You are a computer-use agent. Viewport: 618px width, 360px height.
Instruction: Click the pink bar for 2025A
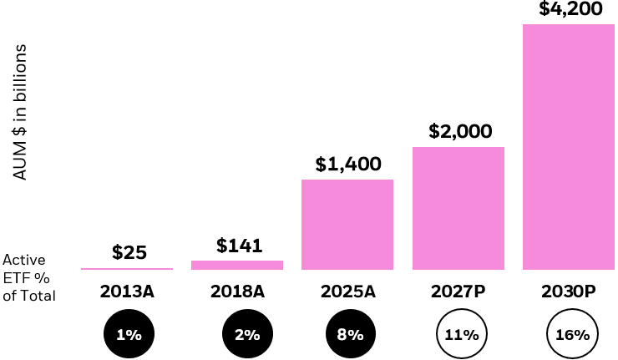(x=347, y=225)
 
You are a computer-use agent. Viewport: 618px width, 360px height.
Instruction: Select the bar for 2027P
(x=458, y=209)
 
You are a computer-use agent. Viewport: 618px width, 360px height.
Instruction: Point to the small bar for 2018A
(x=237, y=265)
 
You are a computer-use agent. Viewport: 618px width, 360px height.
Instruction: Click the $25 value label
(x=129, y=252)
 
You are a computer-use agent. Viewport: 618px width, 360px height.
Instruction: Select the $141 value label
(x=240, y=246)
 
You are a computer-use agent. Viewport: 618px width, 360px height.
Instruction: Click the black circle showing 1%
(x=128, y=334)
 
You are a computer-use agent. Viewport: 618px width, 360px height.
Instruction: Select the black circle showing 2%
(x=246, y=334)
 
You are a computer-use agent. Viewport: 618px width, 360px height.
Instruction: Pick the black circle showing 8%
(x=351, y=334)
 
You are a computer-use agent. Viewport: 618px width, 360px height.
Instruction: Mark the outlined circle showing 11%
(x=461, y=334)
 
